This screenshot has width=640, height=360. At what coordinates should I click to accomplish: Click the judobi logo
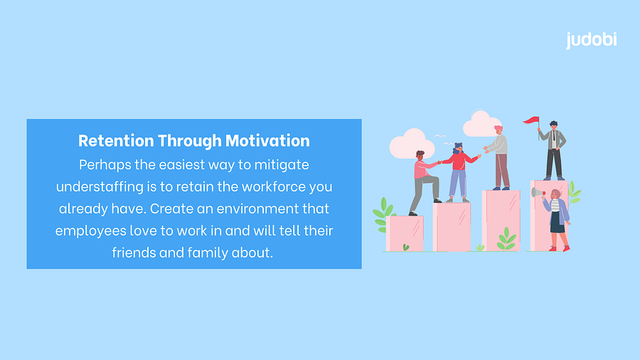pos(591,41)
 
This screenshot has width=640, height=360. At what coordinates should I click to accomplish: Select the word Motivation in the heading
pos(267,141)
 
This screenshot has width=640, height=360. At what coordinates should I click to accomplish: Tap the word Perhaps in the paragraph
pos(105,165)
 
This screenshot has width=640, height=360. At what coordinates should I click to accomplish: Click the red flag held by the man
pos(531,120)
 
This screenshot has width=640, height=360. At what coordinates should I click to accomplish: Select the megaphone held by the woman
pos(538,193)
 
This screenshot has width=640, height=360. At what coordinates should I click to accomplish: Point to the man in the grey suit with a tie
pos(553,150)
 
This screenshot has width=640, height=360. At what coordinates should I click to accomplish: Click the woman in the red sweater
pos(459,172)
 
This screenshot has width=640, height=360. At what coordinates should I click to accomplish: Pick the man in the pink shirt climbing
pos(425,182)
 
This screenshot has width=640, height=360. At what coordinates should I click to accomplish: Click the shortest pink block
pos(405,233)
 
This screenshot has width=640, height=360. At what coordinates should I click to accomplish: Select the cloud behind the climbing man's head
pos(412,144)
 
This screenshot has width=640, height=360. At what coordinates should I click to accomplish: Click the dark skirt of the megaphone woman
pos(557,223)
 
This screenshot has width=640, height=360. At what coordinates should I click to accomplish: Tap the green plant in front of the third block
pos(506,239)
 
